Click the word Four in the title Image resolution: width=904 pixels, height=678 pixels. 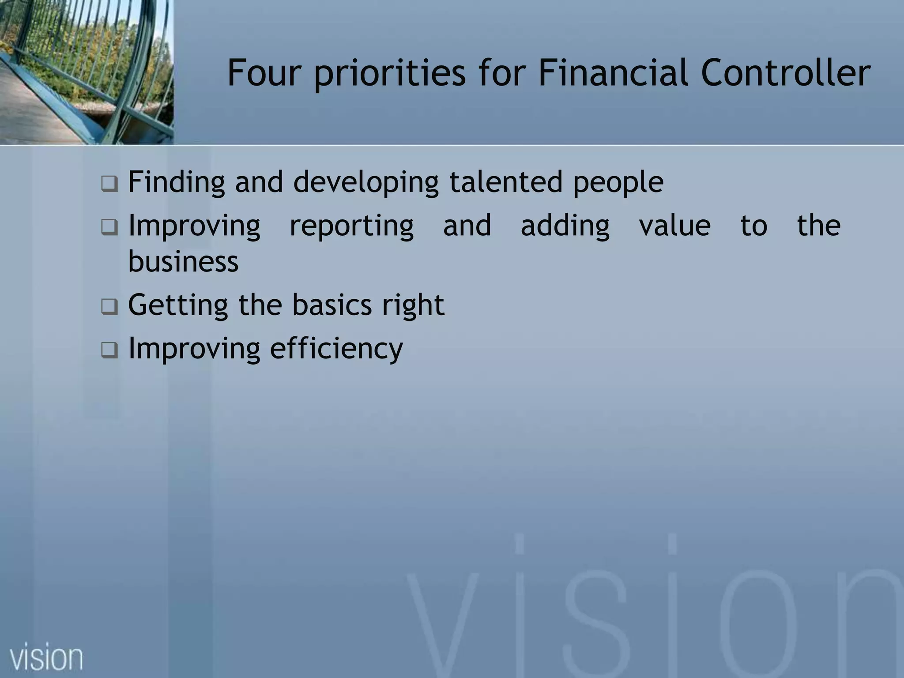click(264, 73)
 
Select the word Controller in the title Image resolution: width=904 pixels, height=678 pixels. click(786, 73)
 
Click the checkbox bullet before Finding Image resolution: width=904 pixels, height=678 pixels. click(109, 184)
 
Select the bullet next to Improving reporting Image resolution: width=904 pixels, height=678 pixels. click(109, 227)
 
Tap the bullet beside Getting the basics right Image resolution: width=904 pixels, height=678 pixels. click(109, 306)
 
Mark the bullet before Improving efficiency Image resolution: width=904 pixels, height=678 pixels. click(109, 350)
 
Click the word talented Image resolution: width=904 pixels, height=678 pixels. click(506, 182)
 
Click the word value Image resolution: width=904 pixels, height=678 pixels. click(675, 226)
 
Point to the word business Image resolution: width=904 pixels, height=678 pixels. click(183, 261)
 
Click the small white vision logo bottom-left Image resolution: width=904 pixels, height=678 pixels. click(46, 657)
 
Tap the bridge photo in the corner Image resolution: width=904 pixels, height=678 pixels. click(86, 72)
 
